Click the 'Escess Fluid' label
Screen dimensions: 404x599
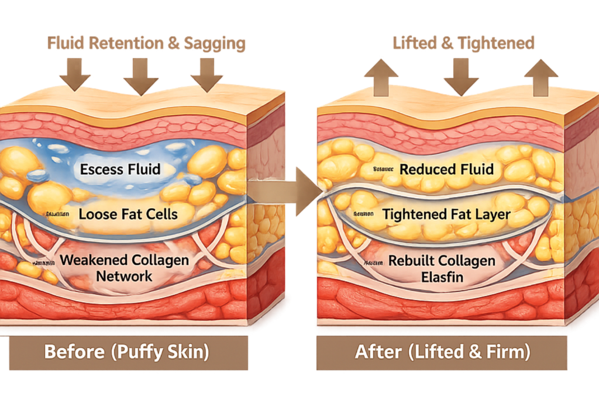tap(120, 170)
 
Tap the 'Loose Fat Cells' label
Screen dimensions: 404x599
tap(128, 214)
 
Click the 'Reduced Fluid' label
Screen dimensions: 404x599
tap(446, 170)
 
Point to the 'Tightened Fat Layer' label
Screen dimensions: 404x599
tap(446, 215)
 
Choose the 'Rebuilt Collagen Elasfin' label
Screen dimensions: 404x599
tap(442, 268)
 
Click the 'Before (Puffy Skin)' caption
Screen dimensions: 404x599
tap(126, 353)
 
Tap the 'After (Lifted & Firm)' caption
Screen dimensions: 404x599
tap(442, 353)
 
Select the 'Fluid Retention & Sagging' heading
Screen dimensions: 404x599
tap(146, 43)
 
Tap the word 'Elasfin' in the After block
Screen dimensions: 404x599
tap(442, 276)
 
